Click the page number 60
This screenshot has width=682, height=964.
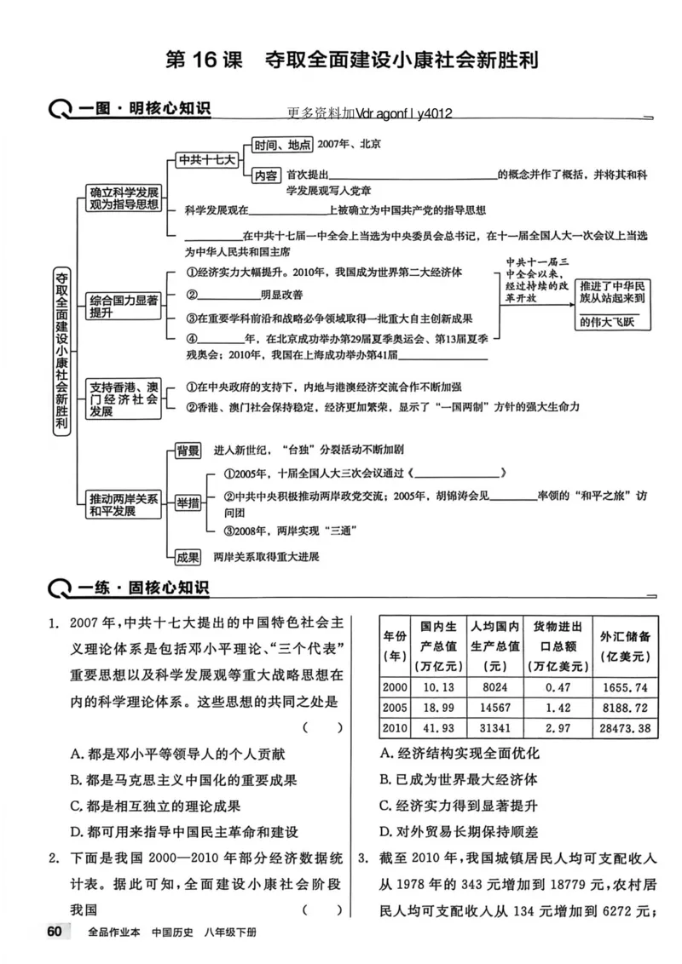point(54,931)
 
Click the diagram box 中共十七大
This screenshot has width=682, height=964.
point(206,159)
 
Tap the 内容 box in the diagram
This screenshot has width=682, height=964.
point(265,175)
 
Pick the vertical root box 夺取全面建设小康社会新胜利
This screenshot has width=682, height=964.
point(61,351)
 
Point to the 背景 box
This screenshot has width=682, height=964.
point(188,450)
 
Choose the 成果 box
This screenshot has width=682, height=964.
point(188,557)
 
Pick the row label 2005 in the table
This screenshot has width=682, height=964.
point(395,708)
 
